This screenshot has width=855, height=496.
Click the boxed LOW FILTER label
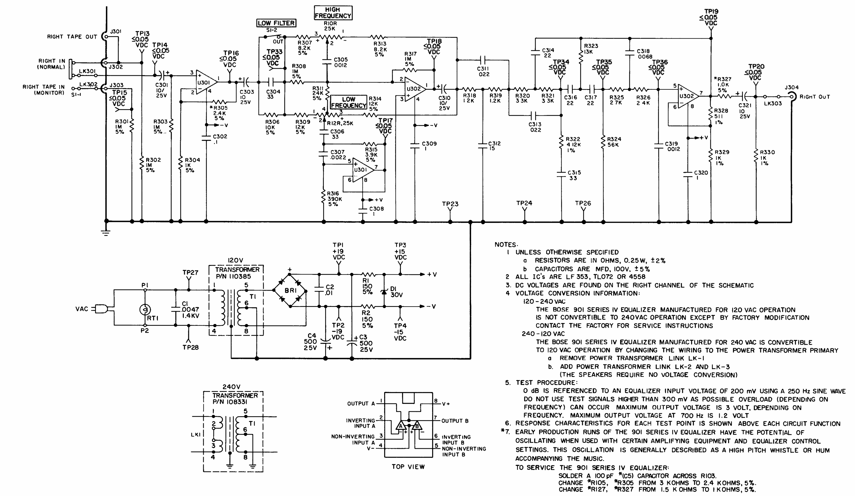tap(276, 23)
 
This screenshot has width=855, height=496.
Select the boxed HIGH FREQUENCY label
tap(333, 13)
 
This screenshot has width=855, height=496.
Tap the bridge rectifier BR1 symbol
tap(290, 291)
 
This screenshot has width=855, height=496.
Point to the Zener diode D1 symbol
tap(384, 291)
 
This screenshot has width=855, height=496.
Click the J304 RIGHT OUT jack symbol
tap(792, 97)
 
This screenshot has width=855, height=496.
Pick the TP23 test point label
tap(450, 204)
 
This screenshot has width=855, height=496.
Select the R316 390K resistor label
tap(335, 199)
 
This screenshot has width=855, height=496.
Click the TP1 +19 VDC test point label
tap(338, 251)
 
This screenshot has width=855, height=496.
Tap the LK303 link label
tap(773, 103)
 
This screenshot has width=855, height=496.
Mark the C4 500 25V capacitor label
tap(311, 342)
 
